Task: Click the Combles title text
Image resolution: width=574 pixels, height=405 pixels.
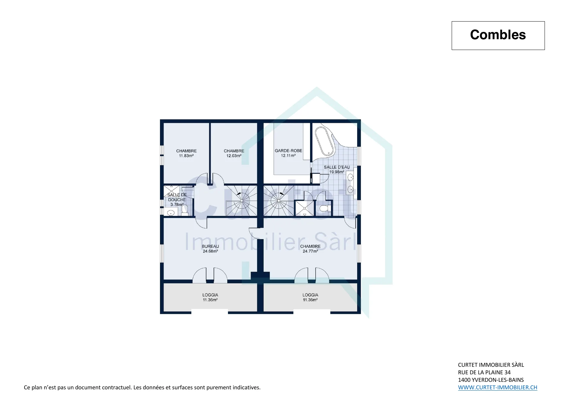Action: click(498, 35)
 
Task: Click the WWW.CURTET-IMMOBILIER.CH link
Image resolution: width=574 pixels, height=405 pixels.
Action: click(497, 387)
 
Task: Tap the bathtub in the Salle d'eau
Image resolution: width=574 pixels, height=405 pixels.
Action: click(325, 141)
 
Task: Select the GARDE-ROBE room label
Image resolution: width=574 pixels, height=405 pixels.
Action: click(288, 151)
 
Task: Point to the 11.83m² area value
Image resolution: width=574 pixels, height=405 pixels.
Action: click(186, 156)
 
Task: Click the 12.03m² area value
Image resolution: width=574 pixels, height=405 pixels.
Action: click(234, 156)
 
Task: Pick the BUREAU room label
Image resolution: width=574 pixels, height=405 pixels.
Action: click(210, 246)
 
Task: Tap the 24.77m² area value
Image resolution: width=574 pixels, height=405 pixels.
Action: click(310, 251)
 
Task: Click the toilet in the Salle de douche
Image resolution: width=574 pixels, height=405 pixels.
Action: click(185, 210)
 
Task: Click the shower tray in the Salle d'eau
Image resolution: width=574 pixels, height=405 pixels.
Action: click(304, 208)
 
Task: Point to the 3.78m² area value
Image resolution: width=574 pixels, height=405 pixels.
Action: click(177, 204)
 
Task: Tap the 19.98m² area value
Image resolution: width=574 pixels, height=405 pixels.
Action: click(337, 172)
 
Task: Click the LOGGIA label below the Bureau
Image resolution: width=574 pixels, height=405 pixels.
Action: click(210, 295)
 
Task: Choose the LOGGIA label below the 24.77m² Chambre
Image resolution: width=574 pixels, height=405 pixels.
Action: click(310, 295)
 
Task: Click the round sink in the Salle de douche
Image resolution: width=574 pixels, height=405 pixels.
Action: click(170, 213)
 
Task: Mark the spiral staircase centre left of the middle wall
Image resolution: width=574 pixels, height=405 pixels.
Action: click(242, 201)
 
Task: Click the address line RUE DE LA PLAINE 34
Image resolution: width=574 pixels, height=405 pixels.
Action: click(484, 372)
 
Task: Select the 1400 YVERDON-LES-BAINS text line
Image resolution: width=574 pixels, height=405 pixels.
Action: click(491, 380)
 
